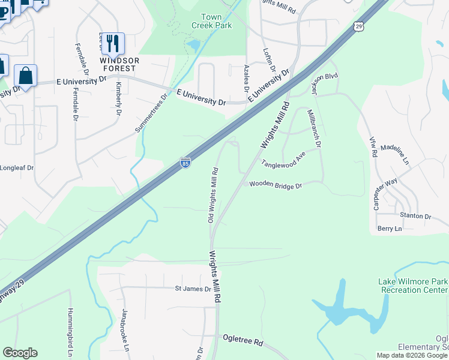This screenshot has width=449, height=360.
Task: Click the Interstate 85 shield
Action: tap(185, 163)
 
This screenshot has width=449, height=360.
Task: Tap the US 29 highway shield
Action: tap(358, 26)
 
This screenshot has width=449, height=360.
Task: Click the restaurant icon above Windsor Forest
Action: tap(112, 43)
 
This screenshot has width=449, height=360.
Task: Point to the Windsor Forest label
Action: tap(120, 65)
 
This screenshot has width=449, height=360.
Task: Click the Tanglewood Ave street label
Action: tap(283, 163)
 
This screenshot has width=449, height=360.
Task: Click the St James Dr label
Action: tap(193, 289)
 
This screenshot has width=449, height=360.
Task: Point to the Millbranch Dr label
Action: tap(315, 128)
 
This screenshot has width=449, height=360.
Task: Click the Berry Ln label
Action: tap(389, 229)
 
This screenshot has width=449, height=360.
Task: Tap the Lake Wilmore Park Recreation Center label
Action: tap(412, 286)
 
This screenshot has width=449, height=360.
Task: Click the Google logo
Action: tap(20, 353)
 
